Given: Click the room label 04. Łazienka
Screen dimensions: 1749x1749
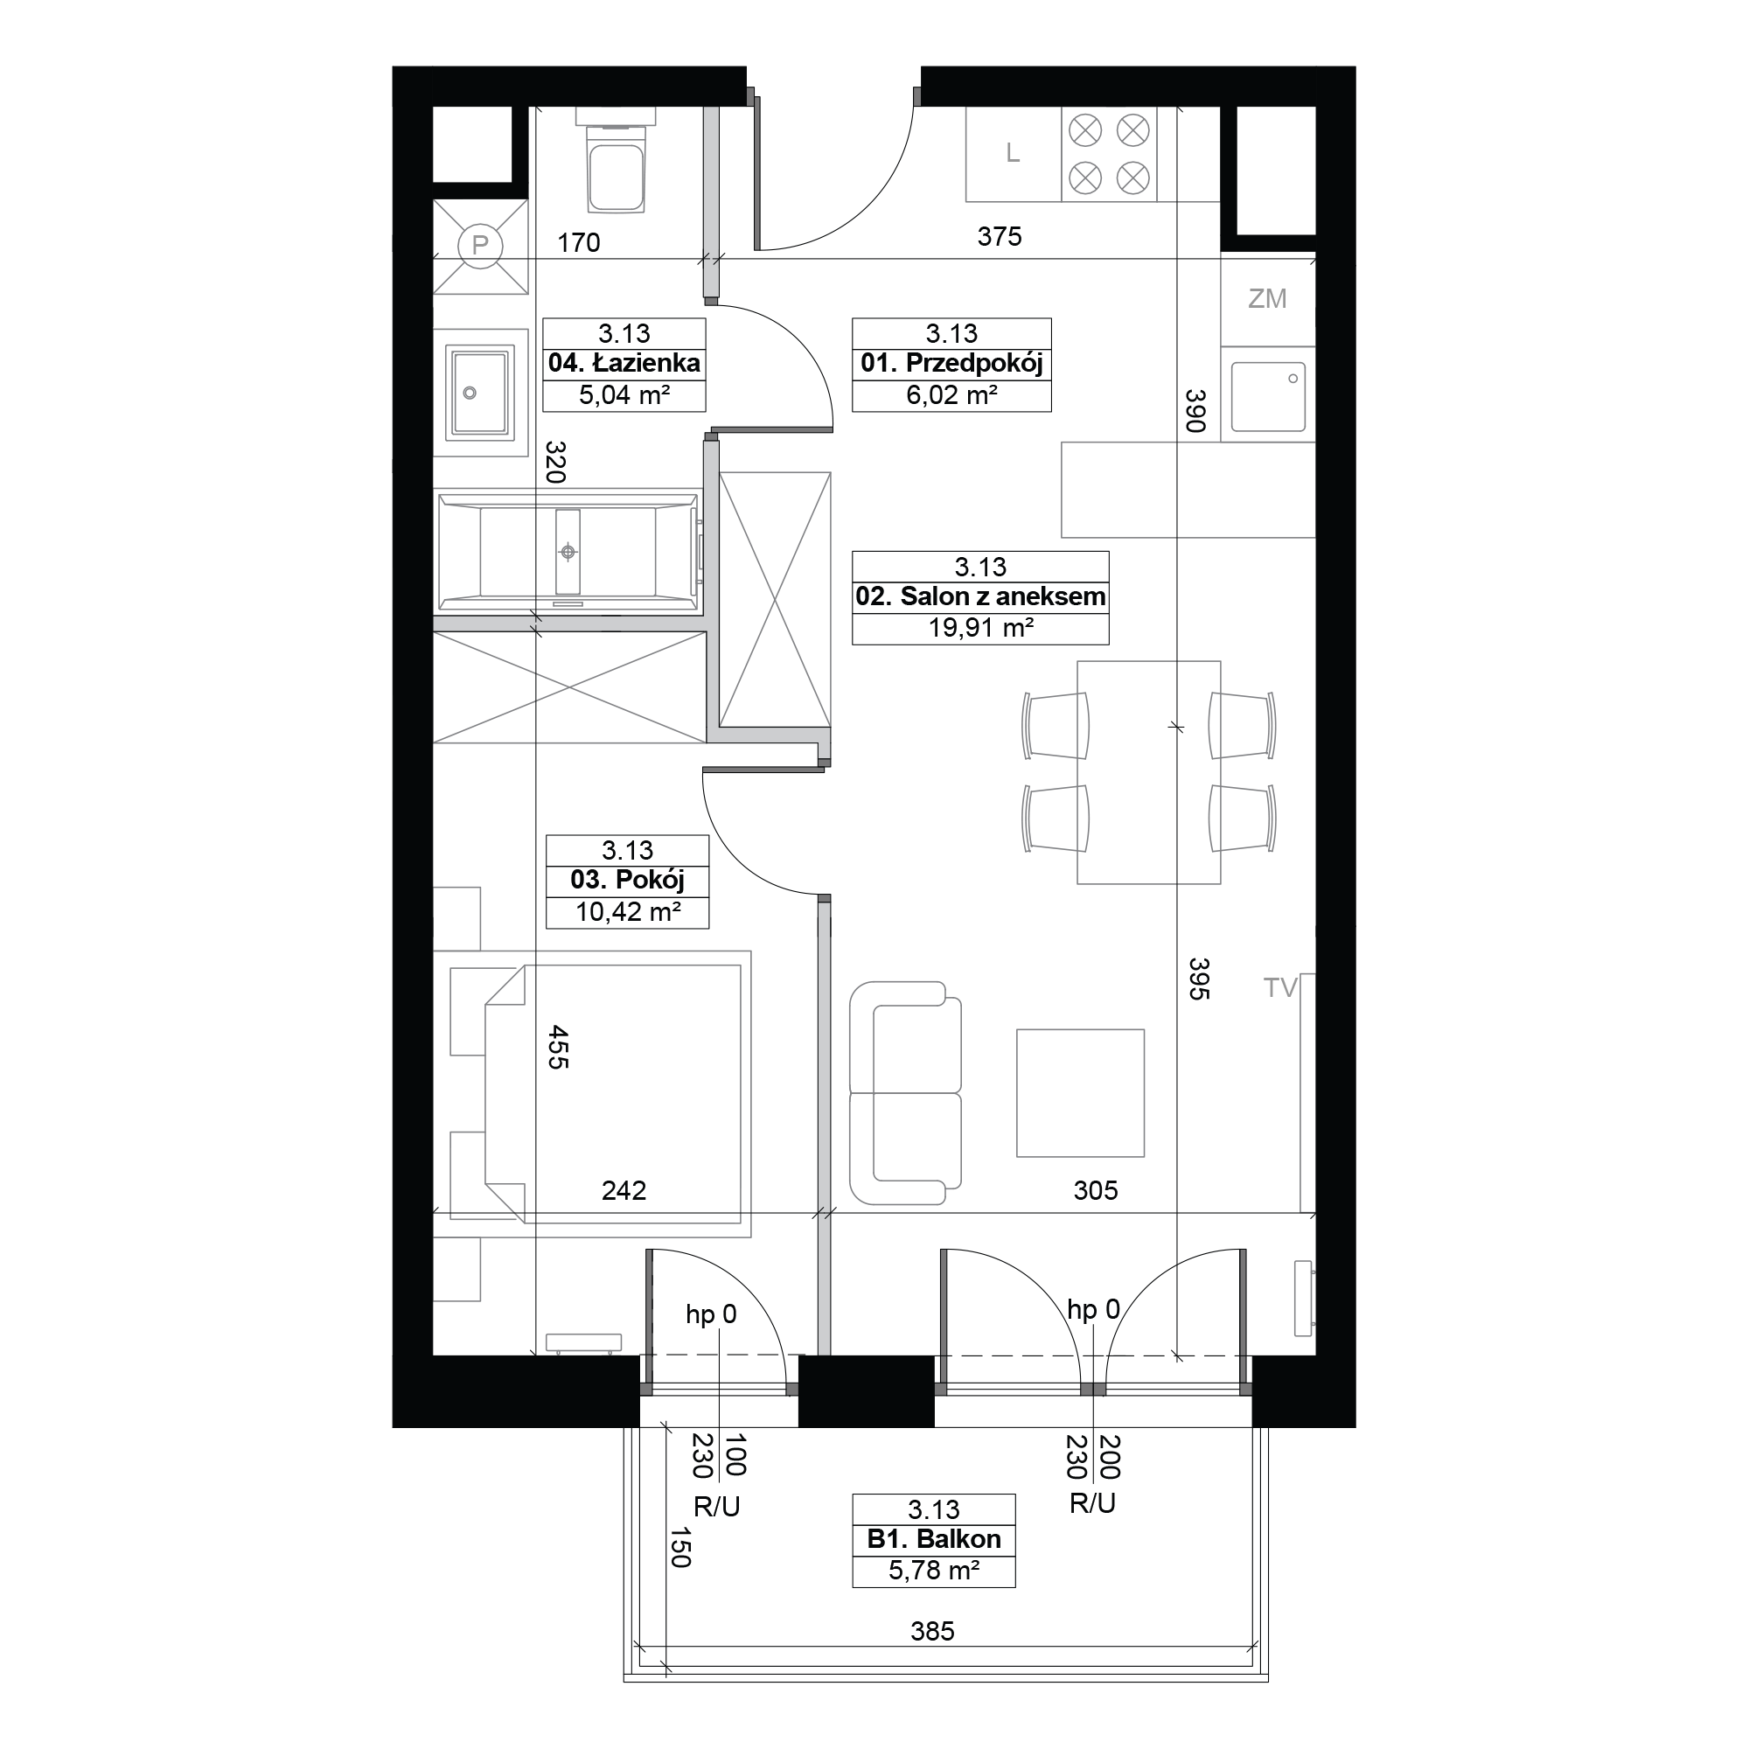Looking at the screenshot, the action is (x=624, y=364).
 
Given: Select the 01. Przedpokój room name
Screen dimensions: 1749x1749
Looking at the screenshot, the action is (x=951, y=364).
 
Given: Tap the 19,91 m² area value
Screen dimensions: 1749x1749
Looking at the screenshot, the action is (x=980, y=627).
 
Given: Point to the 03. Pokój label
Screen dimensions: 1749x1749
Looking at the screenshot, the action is (x=627, y=880).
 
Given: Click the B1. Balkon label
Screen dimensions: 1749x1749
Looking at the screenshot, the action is (x=933, y=1539).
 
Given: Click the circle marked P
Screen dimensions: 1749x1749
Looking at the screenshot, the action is (x=480, y=246).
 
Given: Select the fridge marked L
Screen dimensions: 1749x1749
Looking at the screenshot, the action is (x=1013, y=154).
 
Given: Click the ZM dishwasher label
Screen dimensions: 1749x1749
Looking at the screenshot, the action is (x=1266, y=299).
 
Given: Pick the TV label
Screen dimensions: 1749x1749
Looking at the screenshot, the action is (x=1281, y=987).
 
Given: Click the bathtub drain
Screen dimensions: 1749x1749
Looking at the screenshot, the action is (x=568, y=551).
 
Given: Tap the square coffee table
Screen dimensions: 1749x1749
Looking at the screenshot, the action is (x=1080, y=1092).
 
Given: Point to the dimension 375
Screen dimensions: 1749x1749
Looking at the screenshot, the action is (x=1000, y=237).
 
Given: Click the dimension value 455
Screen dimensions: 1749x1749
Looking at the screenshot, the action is (x=559, y=1048).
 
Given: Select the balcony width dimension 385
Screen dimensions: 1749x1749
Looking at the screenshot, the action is (x=932, y=1631).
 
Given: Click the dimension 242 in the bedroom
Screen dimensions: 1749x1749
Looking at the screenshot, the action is (x=624, y=1190).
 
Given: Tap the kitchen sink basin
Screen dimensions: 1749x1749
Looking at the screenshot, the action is (x=1268, y=397).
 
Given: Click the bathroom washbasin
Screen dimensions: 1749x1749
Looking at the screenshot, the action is (x=480, y=393).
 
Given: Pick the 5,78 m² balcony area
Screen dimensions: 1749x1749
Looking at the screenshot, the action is (x=933, y=1571).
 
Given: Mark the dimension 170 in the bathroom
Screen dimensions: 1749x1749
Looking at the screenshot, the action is (x=578, y=242).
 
